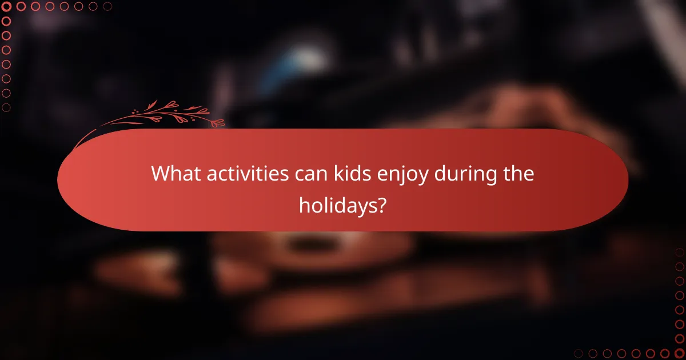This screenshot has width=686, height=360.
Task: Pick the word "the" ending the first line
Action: [x=517, y=174]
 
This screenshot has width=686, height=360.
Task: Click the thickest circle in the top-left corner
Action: [x=7, y=7]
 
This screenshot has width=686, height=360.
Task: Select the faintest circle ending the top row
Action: [x=107, y=7]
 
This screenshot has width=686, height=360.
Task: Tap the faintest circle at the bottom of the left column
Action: [x=7, y=107]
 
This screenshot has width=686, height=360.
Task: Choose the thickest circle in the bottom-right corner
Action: [x=679, y=353]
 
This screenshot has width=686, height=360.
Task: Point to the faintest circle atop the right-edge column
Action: [x=679, y=252]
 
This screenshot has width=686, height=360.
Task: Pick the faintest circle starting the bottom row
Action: [x=579, y=353]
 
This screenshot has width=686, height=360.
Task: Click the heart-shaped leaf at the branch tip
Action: [x=218, y=122]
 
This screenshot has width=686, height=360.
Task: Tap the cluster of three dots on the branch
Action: [x=135, y=111]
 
